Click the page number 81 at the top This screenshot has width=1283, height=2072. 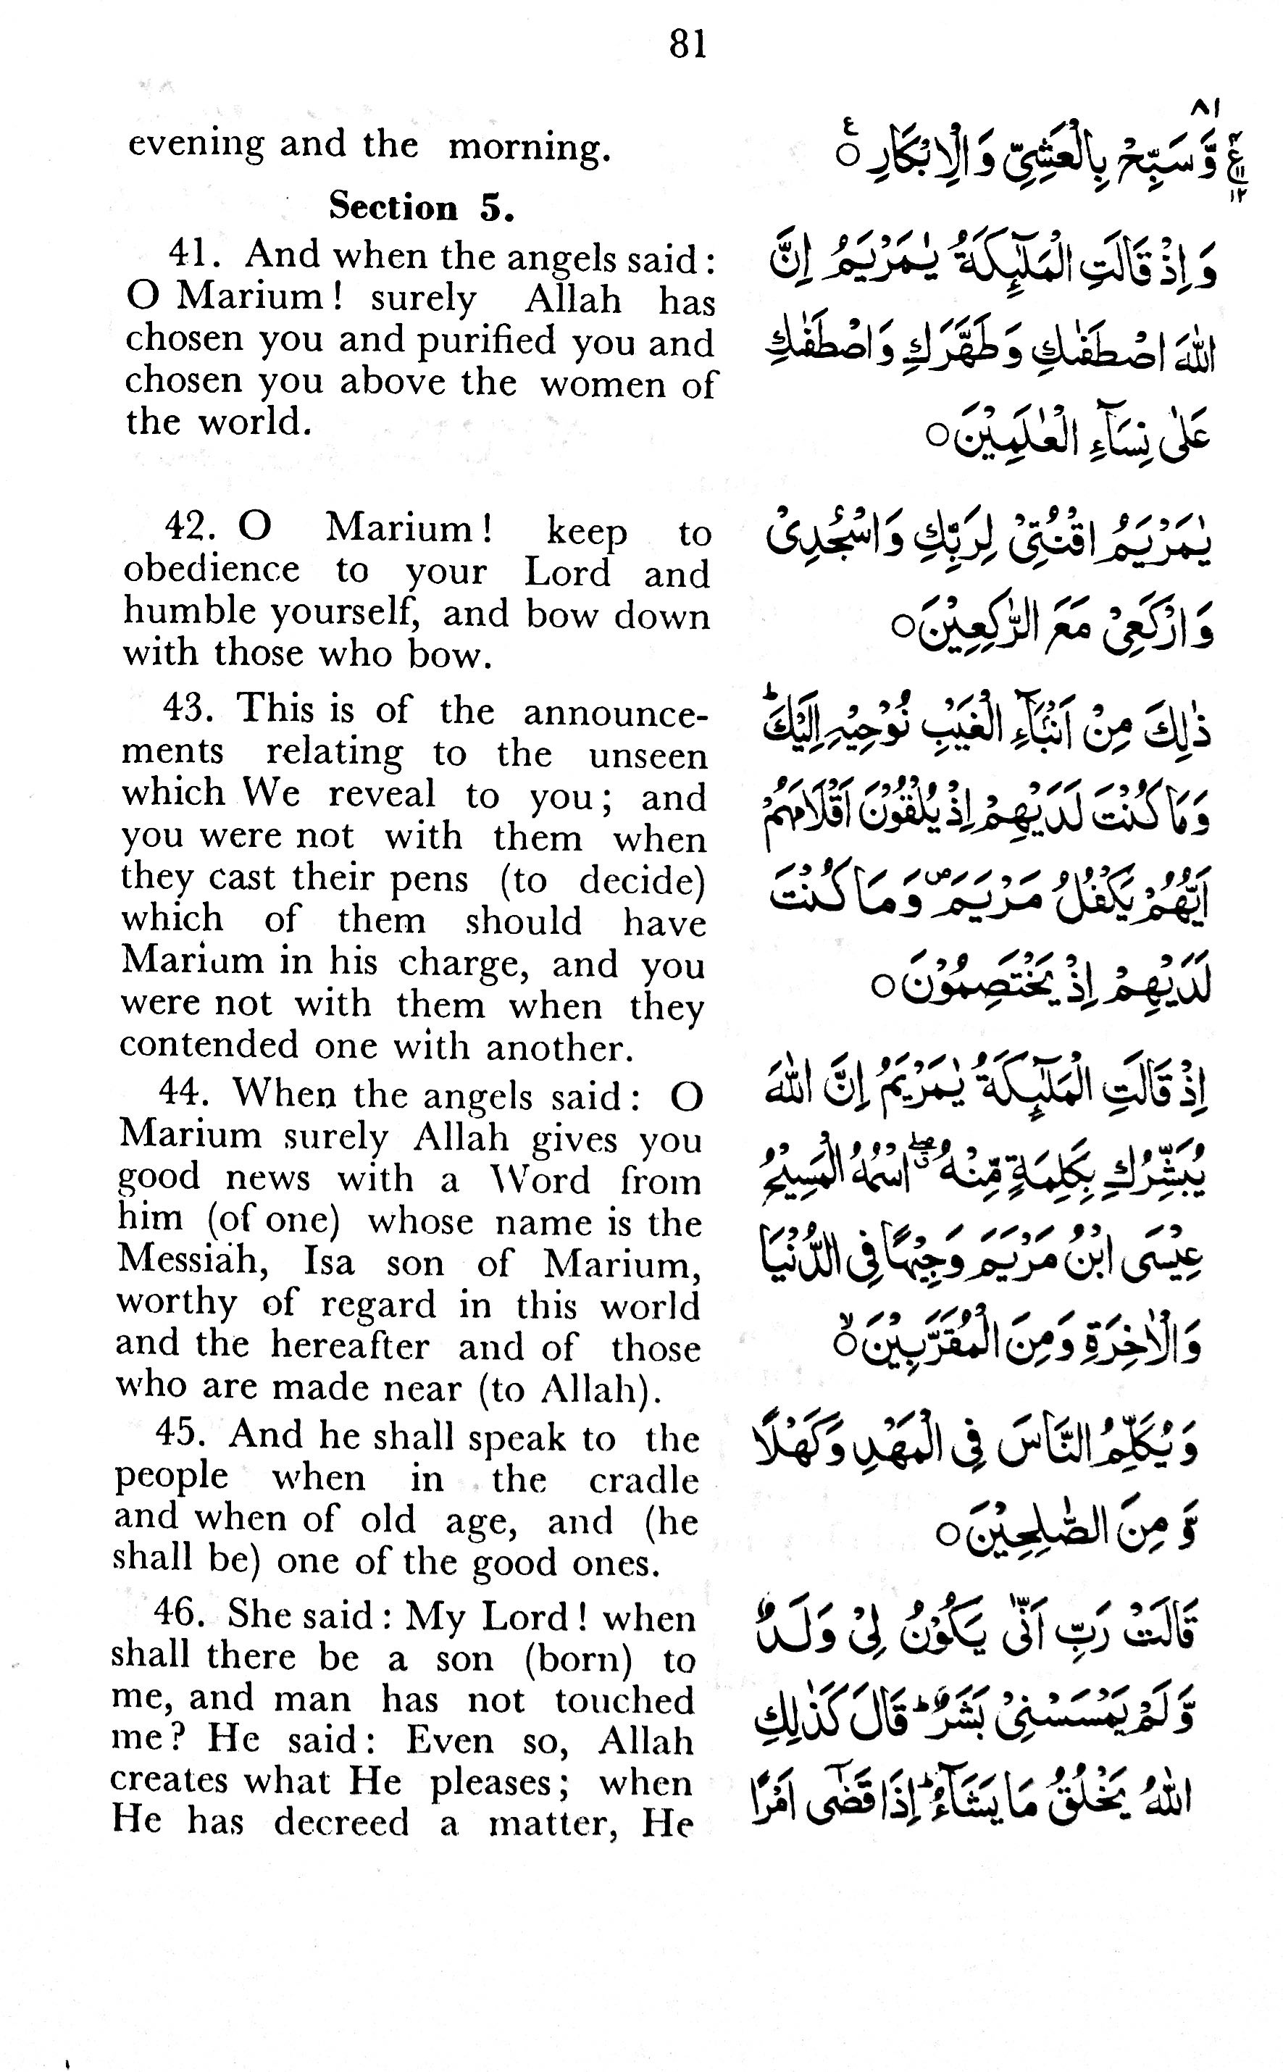coord(688,44)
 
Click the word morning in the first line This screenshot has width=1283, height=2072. coord(529,147)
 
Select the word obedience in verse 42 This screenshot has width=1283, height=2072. coord(212,570)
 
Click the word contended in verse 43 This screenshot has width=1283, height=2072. coord(209,1045)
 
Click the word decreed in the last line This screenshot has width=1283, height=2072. coord(341,1823)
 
